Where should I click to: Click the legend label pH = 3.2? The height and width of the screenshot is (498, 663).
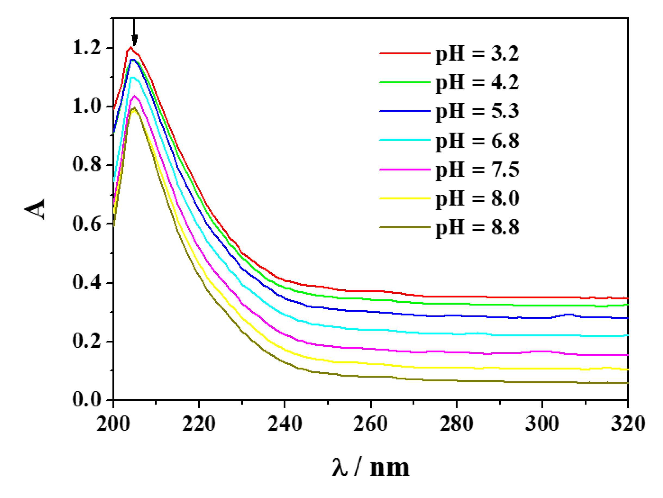pos(477,54)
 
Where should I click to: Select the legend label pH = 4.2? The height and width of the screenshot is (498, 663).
pos(477,82)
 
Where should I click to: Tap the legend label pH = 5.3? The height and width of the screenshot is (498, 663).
pos(477,111)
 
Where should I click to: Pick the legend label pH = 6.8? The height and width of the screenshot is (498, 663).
pos(477,140)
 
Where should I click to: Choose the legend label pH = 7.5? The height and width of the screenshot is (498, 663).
pos(477,170)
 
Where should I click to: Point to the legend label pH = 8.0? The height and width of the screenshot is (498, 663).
pos(477,198)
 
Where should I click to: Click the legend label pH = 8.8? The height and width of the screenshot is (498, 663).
pos(477,227)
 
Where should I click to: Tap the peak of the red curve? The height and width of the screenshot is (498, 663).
pos(131,48)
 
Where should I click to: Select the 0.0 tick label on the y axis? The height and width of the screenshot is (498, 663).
pos(87,400)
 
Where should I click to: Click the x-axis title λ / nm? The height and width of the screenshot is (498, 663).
pos(371,468)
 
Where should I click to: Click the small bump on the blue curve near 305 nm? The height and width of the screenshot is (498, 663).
pos(569,315)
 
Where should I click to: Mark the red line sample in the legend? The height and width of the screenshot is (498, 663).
pos(405,53)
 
